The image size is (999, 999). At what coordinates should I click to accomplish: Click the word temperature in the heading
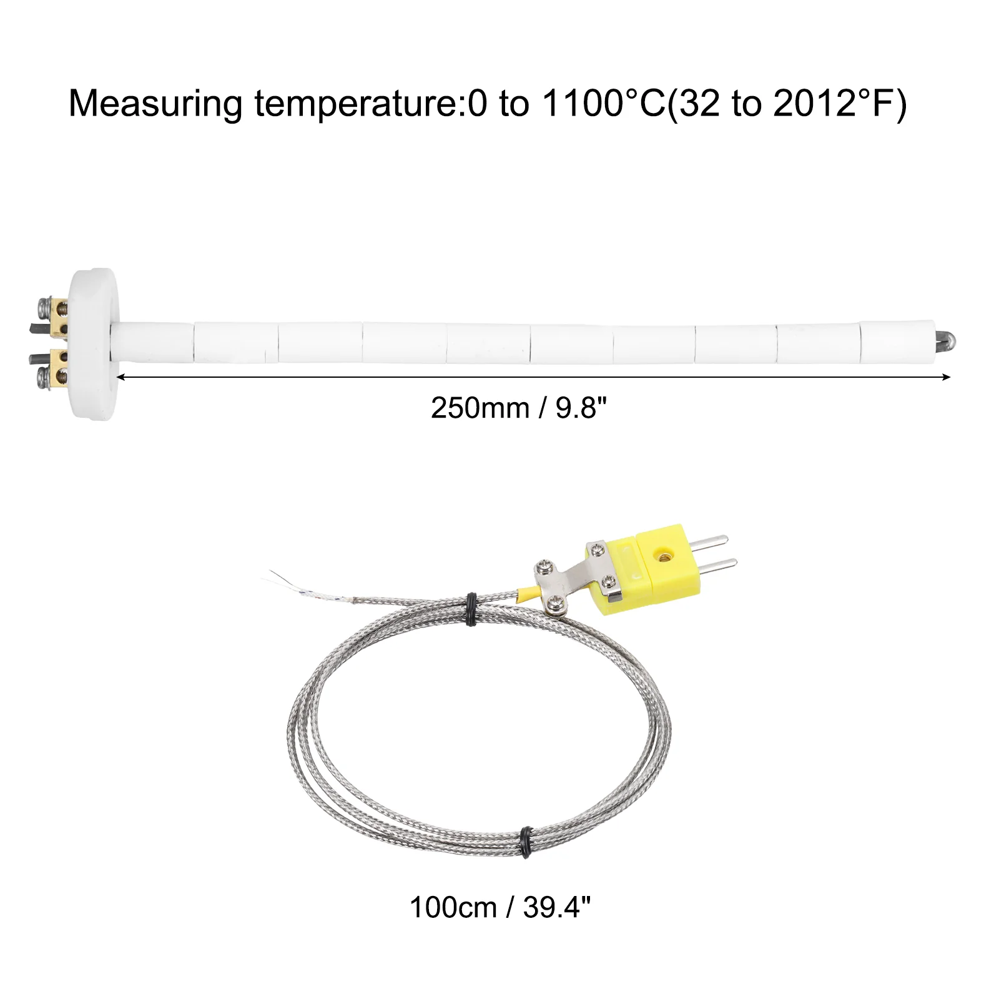(355, 104)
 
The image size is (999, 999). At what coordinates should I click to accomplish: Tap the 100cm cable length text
(453, 907)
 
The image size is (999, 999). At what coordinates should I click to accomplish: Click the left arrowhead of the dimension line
(121, 376)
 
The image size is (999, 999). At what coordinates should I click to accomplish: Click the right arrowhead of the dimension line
(946, 376)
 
